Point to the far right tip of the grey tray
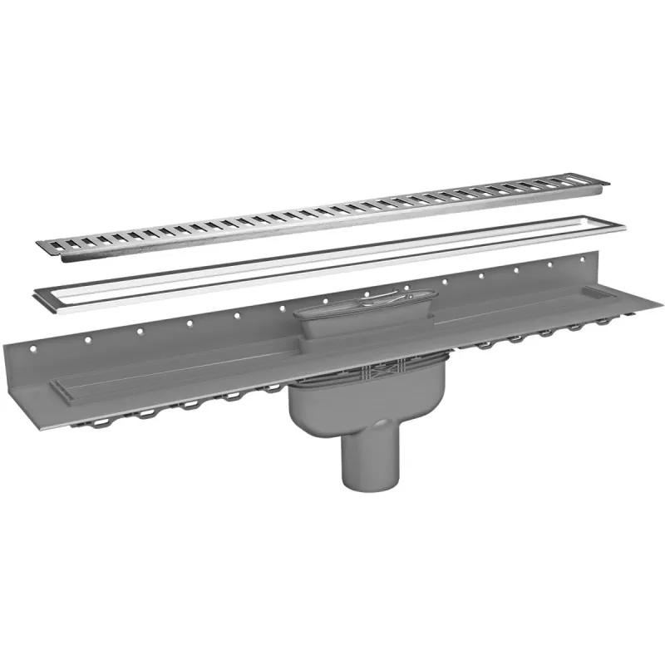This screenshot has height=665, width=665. pyautogui.click(x=661, y=303)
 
